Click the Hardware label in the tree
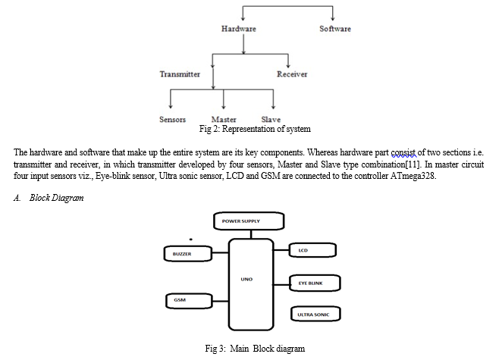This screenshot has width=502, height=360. coord(239,29)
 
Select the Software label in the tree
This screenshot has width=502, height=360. coord(335,29)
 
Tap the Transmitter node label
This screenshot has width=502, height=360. coord(180,74)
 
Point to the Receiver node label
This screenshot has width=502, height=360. coord(292,74)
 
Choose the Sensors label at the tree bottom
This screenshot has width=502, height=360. coord(172,119)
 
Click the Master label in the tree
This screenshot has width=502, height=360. coord(224,119)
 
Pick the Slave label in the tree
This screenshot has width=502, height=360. coord(271,119)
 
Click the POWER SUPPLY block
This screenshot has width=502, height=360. coord(249,221)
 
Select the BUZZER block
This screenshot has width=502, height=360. coord(188,254)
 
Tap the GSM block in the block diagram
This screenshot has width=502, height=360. coord(189,301)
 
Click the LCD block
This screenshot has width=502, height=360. coord(312,250)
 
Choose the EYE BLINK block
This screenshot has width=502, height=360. coord(315,283)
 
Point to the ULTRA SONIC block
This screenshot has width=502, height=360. coord(315,314)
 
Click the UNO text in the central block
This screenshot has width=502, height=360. coord(246,280)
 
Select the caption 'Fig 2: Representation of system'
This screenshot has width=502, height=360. coord(255,129)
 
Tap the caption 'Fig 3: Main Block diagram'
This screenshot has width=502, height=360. coord(255,349)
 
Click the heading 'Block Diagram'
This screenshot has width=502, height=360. coord(57,198)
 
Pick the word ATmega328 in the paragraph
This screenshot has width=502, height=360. coord(413,176)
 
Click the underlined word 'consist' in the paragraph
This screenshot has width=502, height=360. coord(403,152)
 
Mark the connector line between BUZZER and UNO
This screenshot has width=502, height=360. coord(220,253)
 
